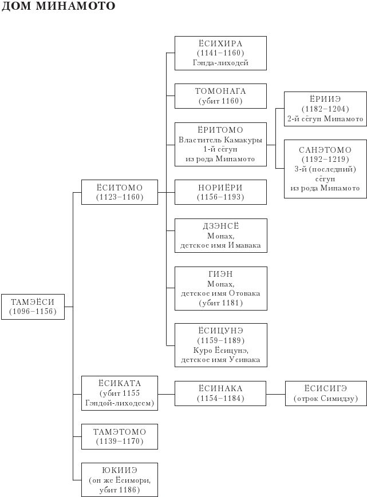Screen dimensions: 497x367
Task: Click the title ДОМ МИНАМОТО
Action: tap(58, 7)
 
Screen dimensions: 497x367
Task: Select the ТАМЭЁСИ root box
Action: tap(33, 307)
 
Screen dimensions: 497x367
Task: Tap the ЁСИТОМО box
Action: tap(119, 192)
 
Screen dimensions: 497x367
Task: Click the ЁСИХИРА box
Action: tap(220, 53)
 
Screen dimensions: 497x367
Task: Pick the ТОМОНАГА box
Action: tap(220, 96)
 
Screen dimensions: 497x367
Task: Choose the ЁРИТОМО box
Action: tap(220, 144)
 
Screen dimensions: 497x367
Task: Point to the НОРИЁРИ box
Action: tap(220, 192)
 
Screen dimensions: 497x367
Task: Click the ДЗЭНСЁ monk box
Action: tap(220, 236)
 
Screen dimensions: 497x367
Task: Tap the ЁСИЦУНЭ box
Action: tap(220, 345)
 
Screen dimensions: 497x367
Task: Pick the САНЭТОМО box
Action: tap(325, 169)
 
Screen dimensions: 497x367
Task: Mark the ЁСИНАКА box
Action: tap(220, 393)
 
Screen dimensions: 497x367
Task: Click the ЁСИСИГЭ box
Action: tap(325, 393)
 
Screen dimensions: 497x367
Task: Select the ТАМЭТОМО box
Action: tap(119, 436)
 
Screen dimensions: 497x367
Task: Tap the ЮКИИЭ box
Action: tap(119, 479)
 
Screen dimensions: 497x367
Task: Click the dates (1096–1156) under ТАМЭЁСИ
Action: tap(33, 312)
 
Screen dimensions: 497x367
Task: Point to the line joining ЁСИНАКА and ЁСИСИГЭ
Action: tap(275, 394)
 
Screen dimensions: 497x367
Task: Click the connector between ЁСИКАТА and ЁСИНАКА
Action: tap(166, 394)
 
